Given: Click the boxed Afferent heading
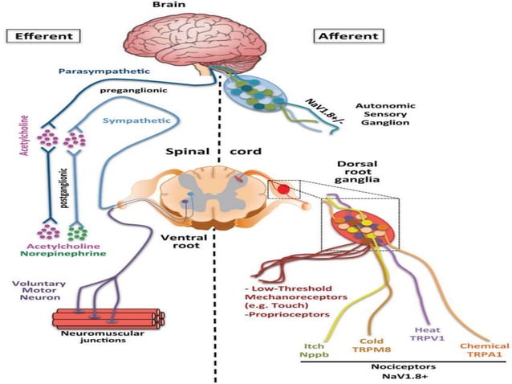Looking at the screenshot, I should tap(347, 36).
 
